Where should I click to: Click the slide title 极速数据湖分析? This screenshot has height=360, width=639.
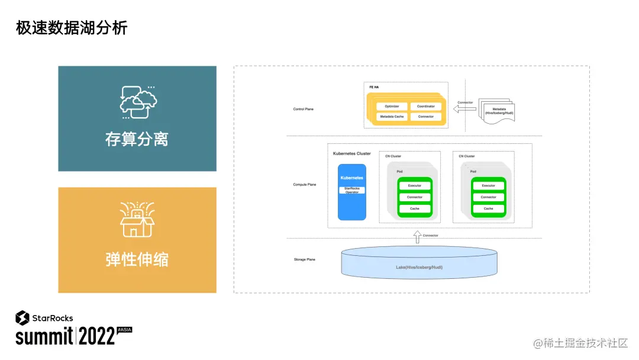[x=72, y=28]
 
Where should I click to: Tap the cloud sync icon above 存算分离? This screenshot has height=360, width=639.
[x=138, y=101]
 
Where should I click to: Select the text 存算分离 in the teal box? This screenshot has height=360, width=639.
[x=137, y=139]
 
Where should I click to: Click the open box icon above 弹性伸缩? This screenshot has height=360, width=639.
[x=137, y=220]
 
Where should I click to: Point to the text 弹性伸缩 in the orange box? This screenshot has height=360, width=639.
[x=137, y=259]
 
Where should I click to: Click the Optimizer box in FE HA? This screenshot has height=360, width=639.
[x=392, y=107]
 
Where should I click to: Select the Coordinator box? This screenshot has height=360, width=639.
[x=425, y=107]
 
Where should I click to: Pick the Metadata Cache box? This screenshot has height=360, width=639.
[x=392, y=117]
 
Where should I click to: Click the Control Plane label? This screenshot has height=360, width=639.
[x=304, y=109]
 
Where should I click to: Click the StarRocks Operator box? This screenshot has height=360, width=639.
[x=352, y=190]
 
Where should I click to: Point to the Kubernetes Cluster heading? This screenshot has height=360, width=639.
[x=351, y=153]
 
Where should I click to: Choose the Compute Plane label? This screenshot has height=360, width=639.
[x=305, y=185]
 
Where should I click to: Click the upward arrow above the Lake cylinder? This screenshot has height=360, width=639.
[x=417, y=237]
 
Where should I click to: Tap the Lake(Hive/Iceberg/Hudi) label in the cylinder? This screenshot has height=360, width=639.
[x=419, y=267]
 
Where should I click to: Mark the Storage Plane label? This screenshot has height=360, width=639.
[x=304, y=260]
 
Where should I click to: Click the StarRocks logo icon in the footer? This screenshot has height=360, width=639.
[x=22, y=317]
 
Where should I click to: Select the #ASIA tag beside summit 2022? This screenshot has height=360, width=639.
[x=124, y=329]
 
